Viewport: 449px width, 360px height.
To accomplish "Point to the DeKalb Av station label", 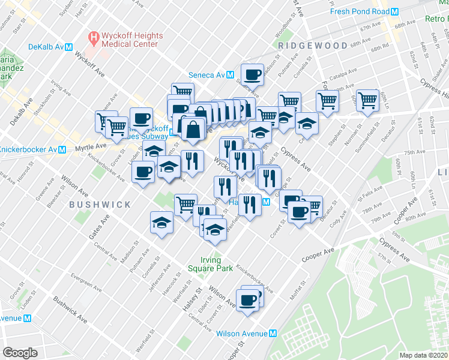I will pos(47,47).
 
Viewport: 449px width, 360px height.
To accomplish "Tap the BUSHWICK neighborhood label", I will pos(100,205).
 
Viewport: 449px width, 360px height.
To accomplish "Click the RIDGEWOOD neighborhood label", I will pos(312,46).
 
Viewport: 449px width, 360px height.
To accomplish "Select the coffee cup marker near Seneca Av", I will pos(252,75).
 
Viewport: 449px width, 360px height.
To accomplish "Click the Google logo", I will pos(20,353).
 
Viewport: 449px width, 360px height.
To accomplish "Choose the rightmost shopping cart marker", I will pos(367,101).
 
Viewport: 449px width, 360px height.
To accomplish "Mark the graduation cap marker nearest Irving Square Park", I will pos(214,230).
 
